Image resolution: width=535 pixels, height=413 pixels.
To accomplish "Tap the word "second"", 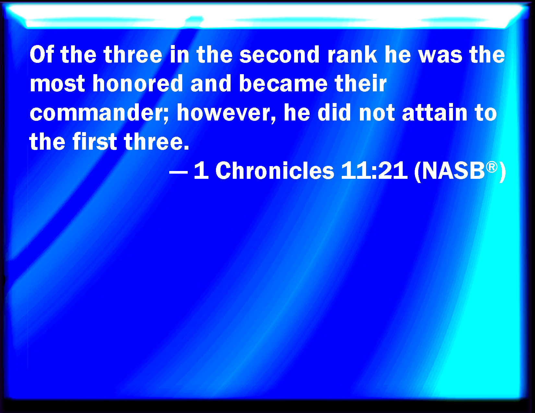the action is pyautogui.click(x=279, y=55).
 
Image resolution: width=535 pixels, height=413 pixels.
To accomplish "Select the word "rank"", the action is pyautogui.click(x=352, y=55).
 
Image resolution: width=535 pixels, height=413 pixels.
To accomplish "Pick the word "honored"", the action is pyautogui.click(x=137, y=83).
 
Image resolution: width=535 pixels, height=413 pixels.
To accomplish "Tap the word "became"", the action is pyautogui.click(x=283, y=83).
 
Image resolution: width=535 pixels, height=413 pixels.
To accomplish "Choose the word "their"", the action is pyautogui.click(x=361, y=83).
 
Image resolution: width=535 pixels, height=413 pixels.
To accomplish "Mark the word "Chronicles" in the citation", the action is pyautogui.click(x=275, y=170).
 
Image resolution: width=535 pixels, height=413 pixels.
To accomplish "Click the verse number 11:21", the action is pyautogui.click(x=374, y=170).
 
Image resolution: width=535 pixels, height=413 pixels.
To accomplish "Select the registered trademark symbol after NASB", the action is pyautogui.click(x=492, y=167).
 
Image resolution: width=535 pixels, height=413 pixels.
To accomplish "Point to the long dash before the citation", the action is pyautogui.click(x=179, y=172).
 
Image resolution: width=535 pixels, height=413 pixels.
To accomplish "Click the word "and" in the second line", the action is pyautogui.click(x=211, y=83).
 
